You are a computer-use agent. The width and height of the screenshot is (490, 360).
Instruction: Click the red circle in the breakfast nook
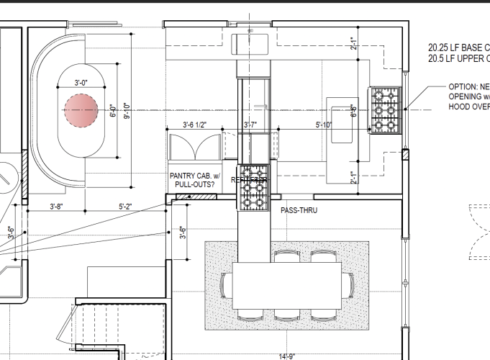click(x=81, y=112)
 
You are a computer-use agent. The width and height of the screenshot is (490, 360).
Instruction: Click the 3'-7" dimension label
click(x=250, y=125)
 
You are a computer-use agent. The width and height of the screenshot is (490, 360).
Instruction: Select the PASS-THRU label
click(x=299, y=210)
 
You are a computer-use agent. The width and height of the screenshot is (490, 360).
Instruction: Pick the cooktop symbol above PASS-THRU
click(x=253, y=189)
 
